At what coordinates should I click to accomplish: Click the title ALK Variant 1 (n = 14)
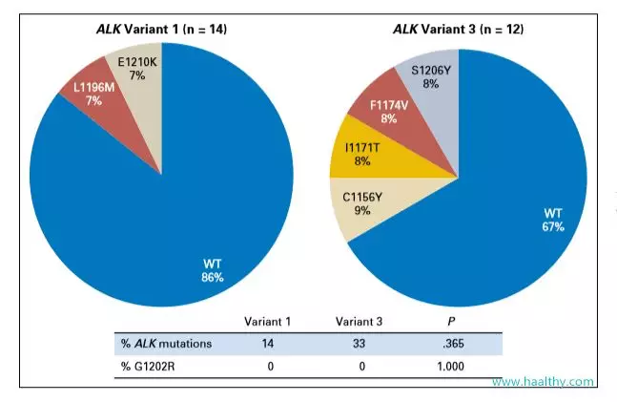tap(162, 29)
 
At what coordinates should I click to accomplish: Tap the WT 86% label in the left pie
tap(212, 270)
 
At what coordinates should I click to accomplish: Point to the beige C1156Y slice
tap(362, 203)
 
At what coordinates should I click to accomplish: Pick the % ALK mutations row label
tap(168, 344)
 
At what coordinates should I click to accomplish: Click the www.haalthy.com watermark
tap(543, 381)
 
